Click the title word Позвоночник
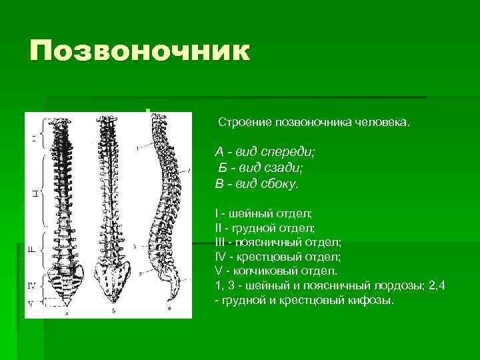coord(139,51)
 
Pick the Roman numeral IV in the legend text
coord(221,257)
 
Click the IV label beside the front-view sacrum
coord(31,285)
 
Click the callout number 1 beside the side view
coord(136,146)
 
